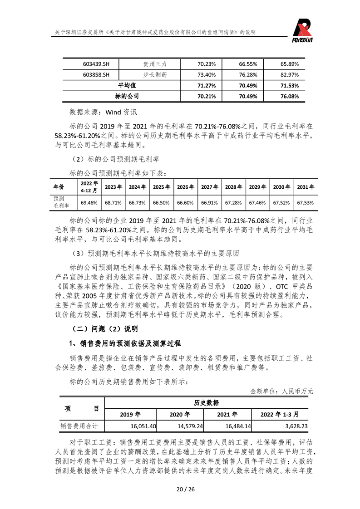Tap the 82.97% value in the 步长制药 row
pos(290,74)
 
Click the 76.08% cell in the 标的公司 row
pos(290,96)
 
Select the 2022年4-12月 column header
pos(89,186)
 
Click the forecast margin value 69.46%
pos(89,202)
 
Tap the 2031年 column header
pos(306,186)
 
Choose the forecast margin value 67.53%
pos(306,202)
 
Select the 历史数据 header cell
pos(206,403)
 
